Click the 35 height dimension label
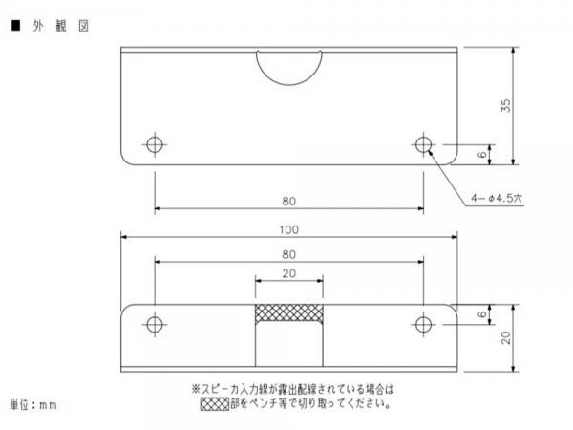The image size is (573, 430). point(506,106)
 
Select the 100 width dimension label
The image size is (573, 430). point(288,230)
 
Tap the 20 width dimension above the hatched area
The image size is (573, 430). point(288,273)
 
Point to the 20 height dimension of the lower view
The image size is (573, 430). point(506,337)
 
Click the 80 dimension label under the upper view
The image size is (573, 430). point(288,202)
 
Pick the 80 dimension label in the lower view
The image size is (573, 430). point(288,254)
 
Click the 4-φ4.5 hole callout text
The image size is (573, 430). point(497,198)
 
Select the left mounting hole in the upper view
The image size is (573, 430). point(155,144)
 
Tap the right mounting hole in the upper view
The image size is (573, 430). point(423,144)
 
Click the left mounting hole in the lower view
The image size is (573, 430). point(155,324)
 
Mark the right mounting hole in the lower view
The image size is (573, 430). point(423,324)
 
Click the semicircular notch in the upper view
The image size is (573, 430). point(289,85)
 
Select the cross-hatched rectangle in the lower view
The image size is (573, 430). point(289,313)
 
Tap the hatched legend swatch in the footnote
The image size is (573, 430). point(215,403)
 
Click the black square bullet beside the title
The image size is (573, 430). point(15,25)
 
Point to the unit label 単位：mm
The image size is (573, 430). point(33,405)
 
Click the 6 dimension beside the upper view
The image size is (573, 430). point(482,154)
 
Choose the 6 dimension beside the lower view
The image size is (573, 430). point(482,314)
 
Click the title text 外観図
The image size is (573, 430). point(61,26)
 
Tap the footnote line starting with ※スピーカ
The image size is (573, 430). point(292,389)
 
